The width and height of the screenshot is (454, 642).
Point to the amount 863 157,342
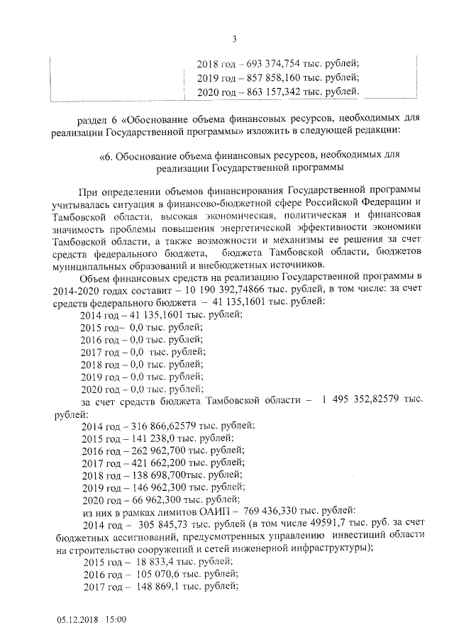267,92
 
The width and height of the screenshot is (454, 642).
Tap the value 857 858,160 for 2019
267,78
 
